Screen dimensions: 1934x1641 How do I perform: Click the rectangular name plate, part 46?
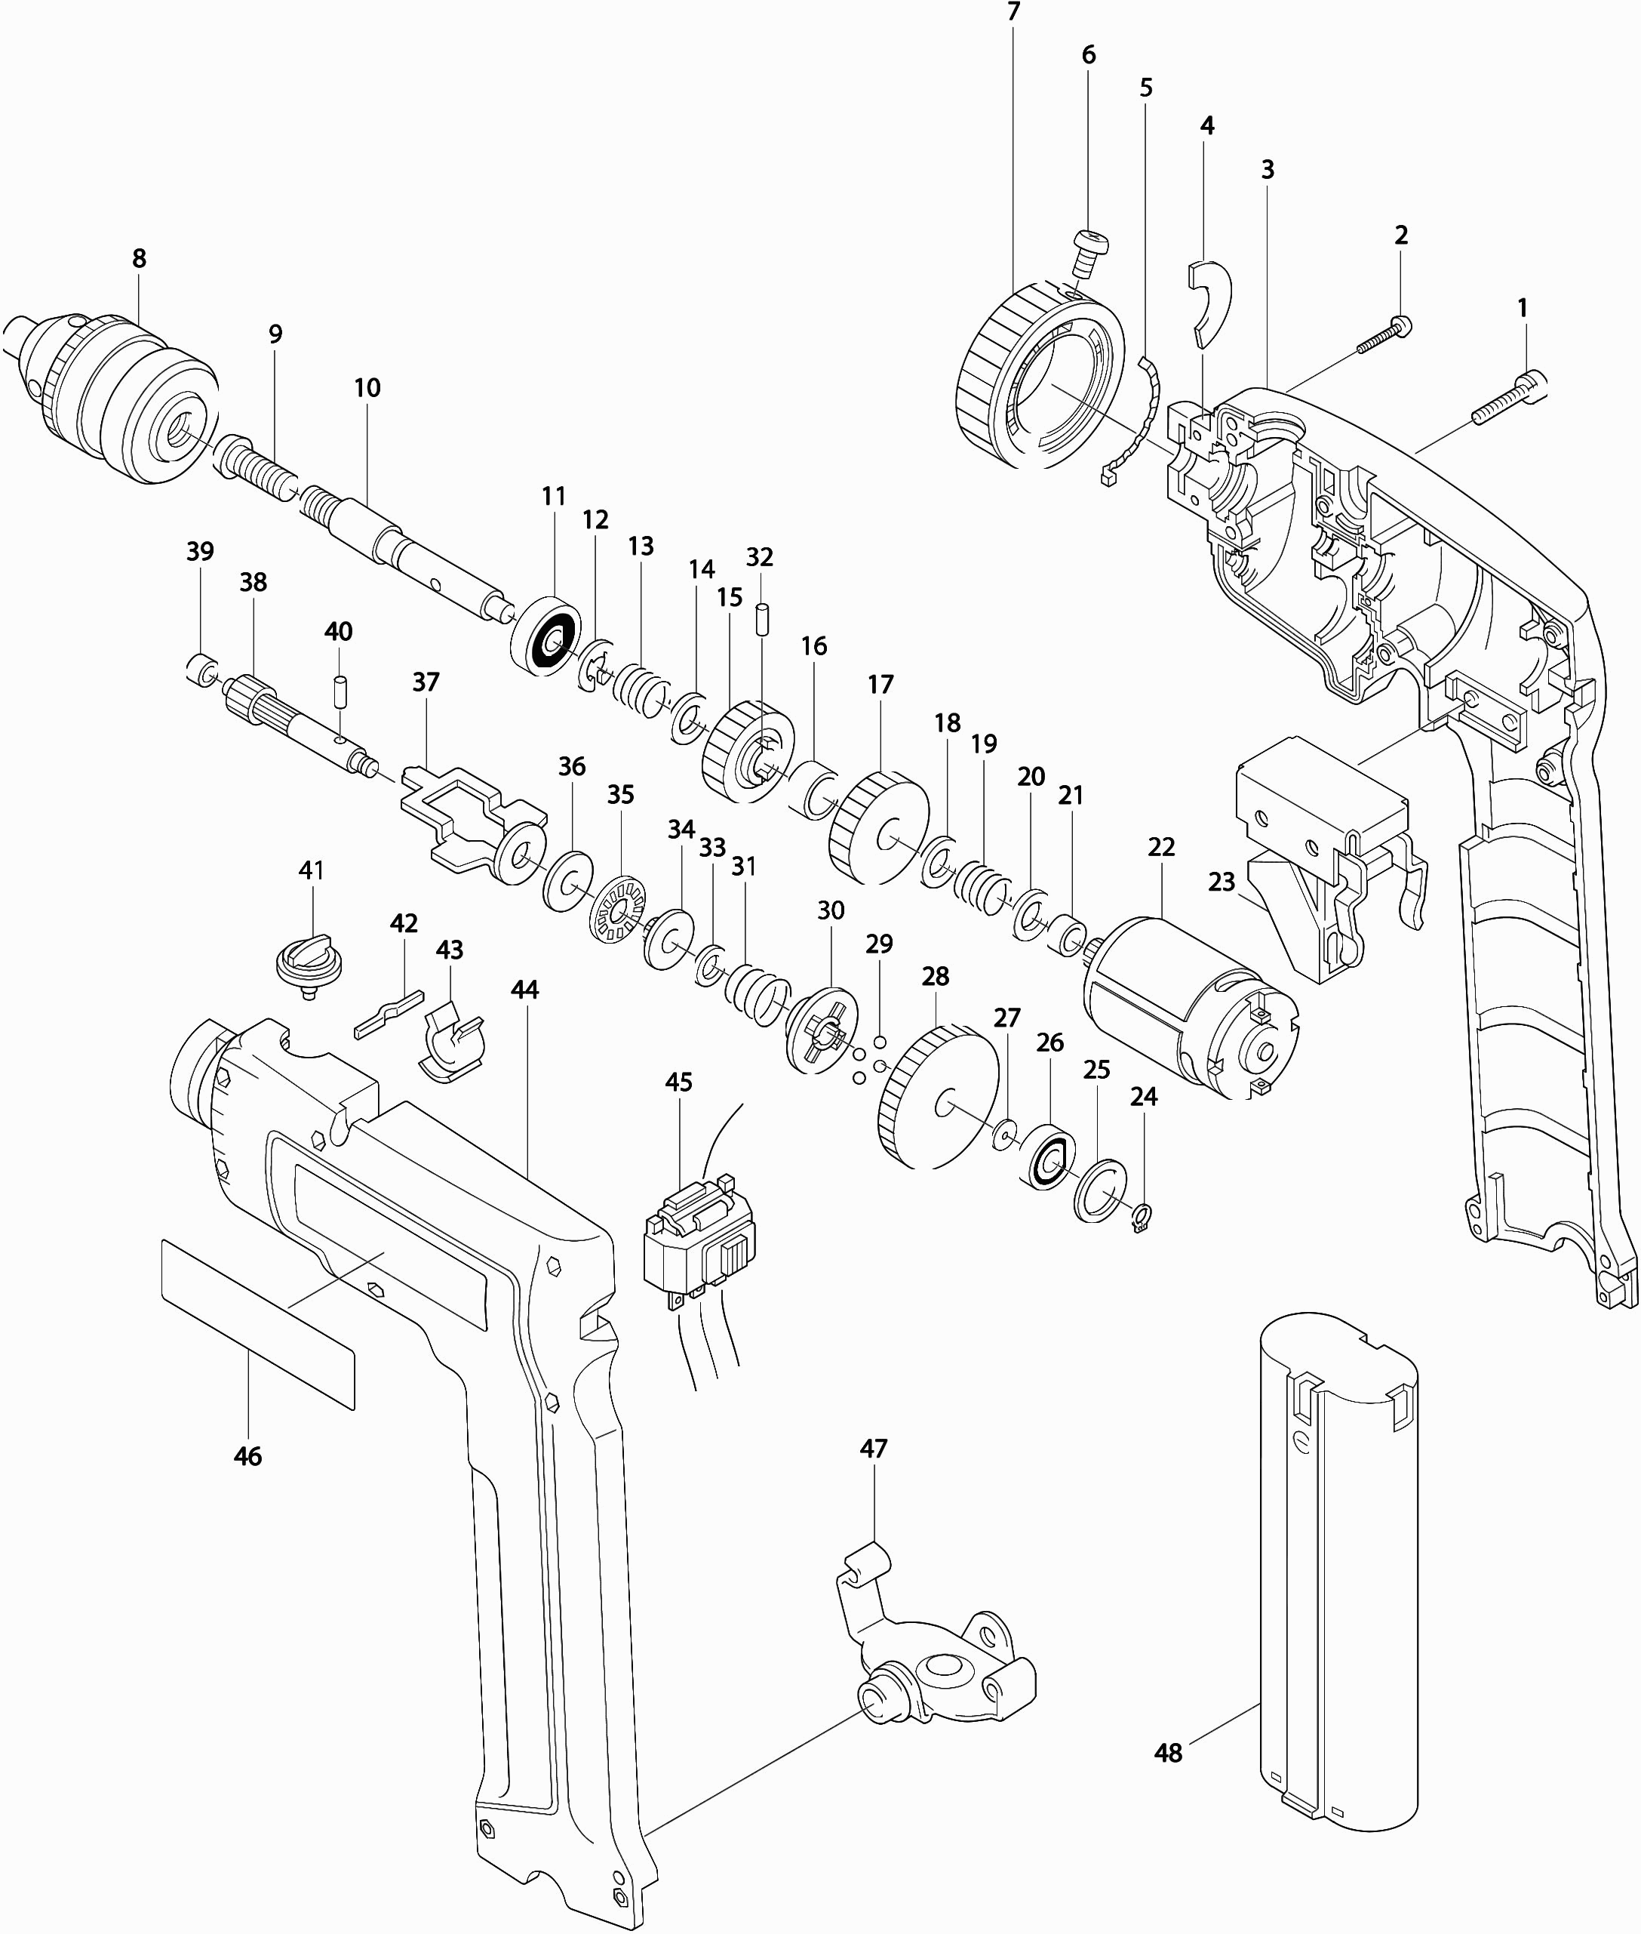pos(258,1322)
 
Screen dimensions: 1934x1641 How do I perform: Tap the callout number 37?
pos(425,682)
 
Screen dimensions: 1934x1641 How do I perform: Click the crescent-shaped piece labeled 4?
pos(1210,296)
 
